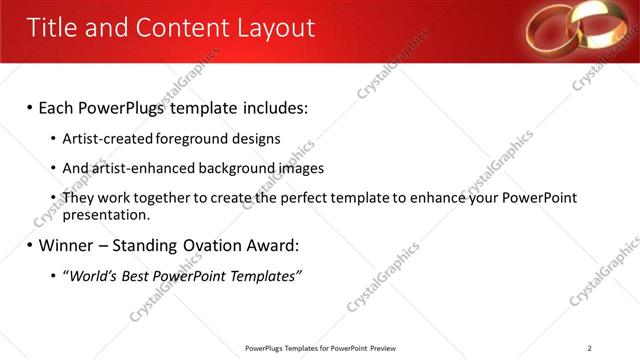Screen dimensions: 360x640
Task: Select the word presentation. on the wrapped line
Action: coord(106,214)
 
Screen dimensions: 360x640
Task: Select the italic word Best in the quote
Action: coord(139,276)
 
